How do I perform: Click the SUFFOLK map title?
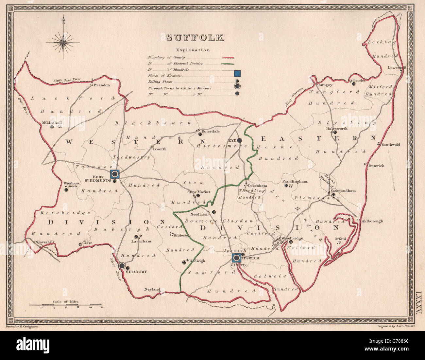tap(195, 38)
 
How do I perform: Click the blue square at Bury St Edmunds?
tap(115, 174)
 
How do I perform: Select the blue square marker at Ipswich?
tap(236, 258)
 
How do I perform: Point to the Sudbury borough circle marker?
tap(122, 266)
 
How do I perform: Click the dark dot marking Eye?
tap(239, 140)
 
